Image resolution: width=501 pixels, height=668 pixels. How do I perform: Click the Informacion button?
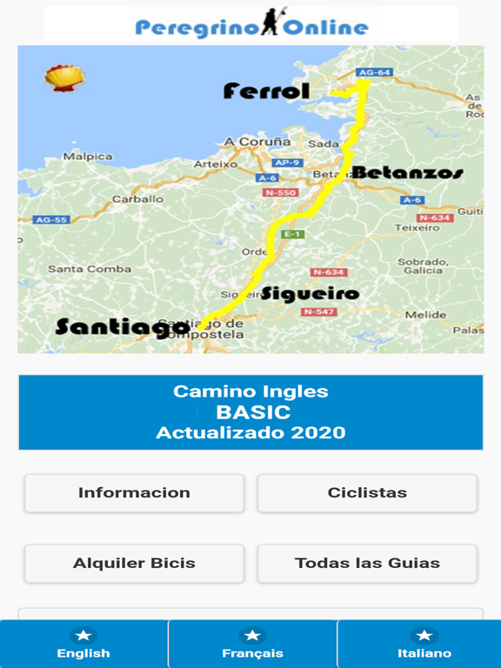[134, 492]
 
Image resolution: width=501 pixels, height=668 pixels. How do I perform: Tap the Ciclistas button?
[367, 492]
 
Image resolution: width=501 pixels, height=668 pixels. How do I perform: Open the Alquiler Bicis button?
[134, 563]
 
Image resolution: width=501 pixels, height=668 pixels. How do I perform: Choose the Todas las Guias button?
[367, 563]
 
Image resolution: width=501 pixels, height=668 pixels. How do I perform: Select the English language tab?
[83, 645]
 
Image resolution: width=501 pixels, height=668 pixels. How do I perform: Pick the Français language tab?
[252, 645]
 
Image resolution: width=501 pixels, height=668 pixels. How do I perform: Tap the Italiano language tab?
[424, 645]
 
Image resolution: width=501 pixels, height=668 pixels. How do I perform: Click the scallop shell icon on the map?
[63, 78]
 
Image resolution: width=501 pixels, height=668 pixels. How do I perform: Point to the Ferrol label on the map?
[266, 90]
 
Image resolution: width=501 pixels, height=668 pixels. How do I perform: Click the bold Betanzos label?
[406, 173]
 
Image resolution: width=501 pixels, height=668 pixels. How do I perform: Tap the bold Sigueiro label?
[310, 293]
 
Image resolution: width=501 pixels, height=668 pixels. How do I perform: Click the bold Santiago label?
[121, 327]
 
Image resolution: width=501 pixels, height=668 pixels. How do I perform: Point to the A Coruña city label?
[257, 141]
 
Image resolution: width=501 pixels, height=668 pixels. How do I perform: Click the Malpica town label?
[88, 157]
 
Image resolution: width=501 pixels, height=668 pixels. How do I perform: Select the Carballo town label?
[137, 199]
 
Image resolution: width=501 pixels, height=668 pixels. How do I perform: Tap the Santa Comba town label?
[90, 269]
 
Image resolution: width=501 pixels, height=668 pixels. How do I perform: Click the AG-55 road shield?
[51, 220]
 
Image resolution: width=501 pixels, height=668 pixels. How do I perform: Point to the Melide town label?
[425, 314]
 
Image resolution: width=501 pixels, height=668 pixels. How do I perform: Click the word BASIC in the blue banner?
[253, 412]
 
